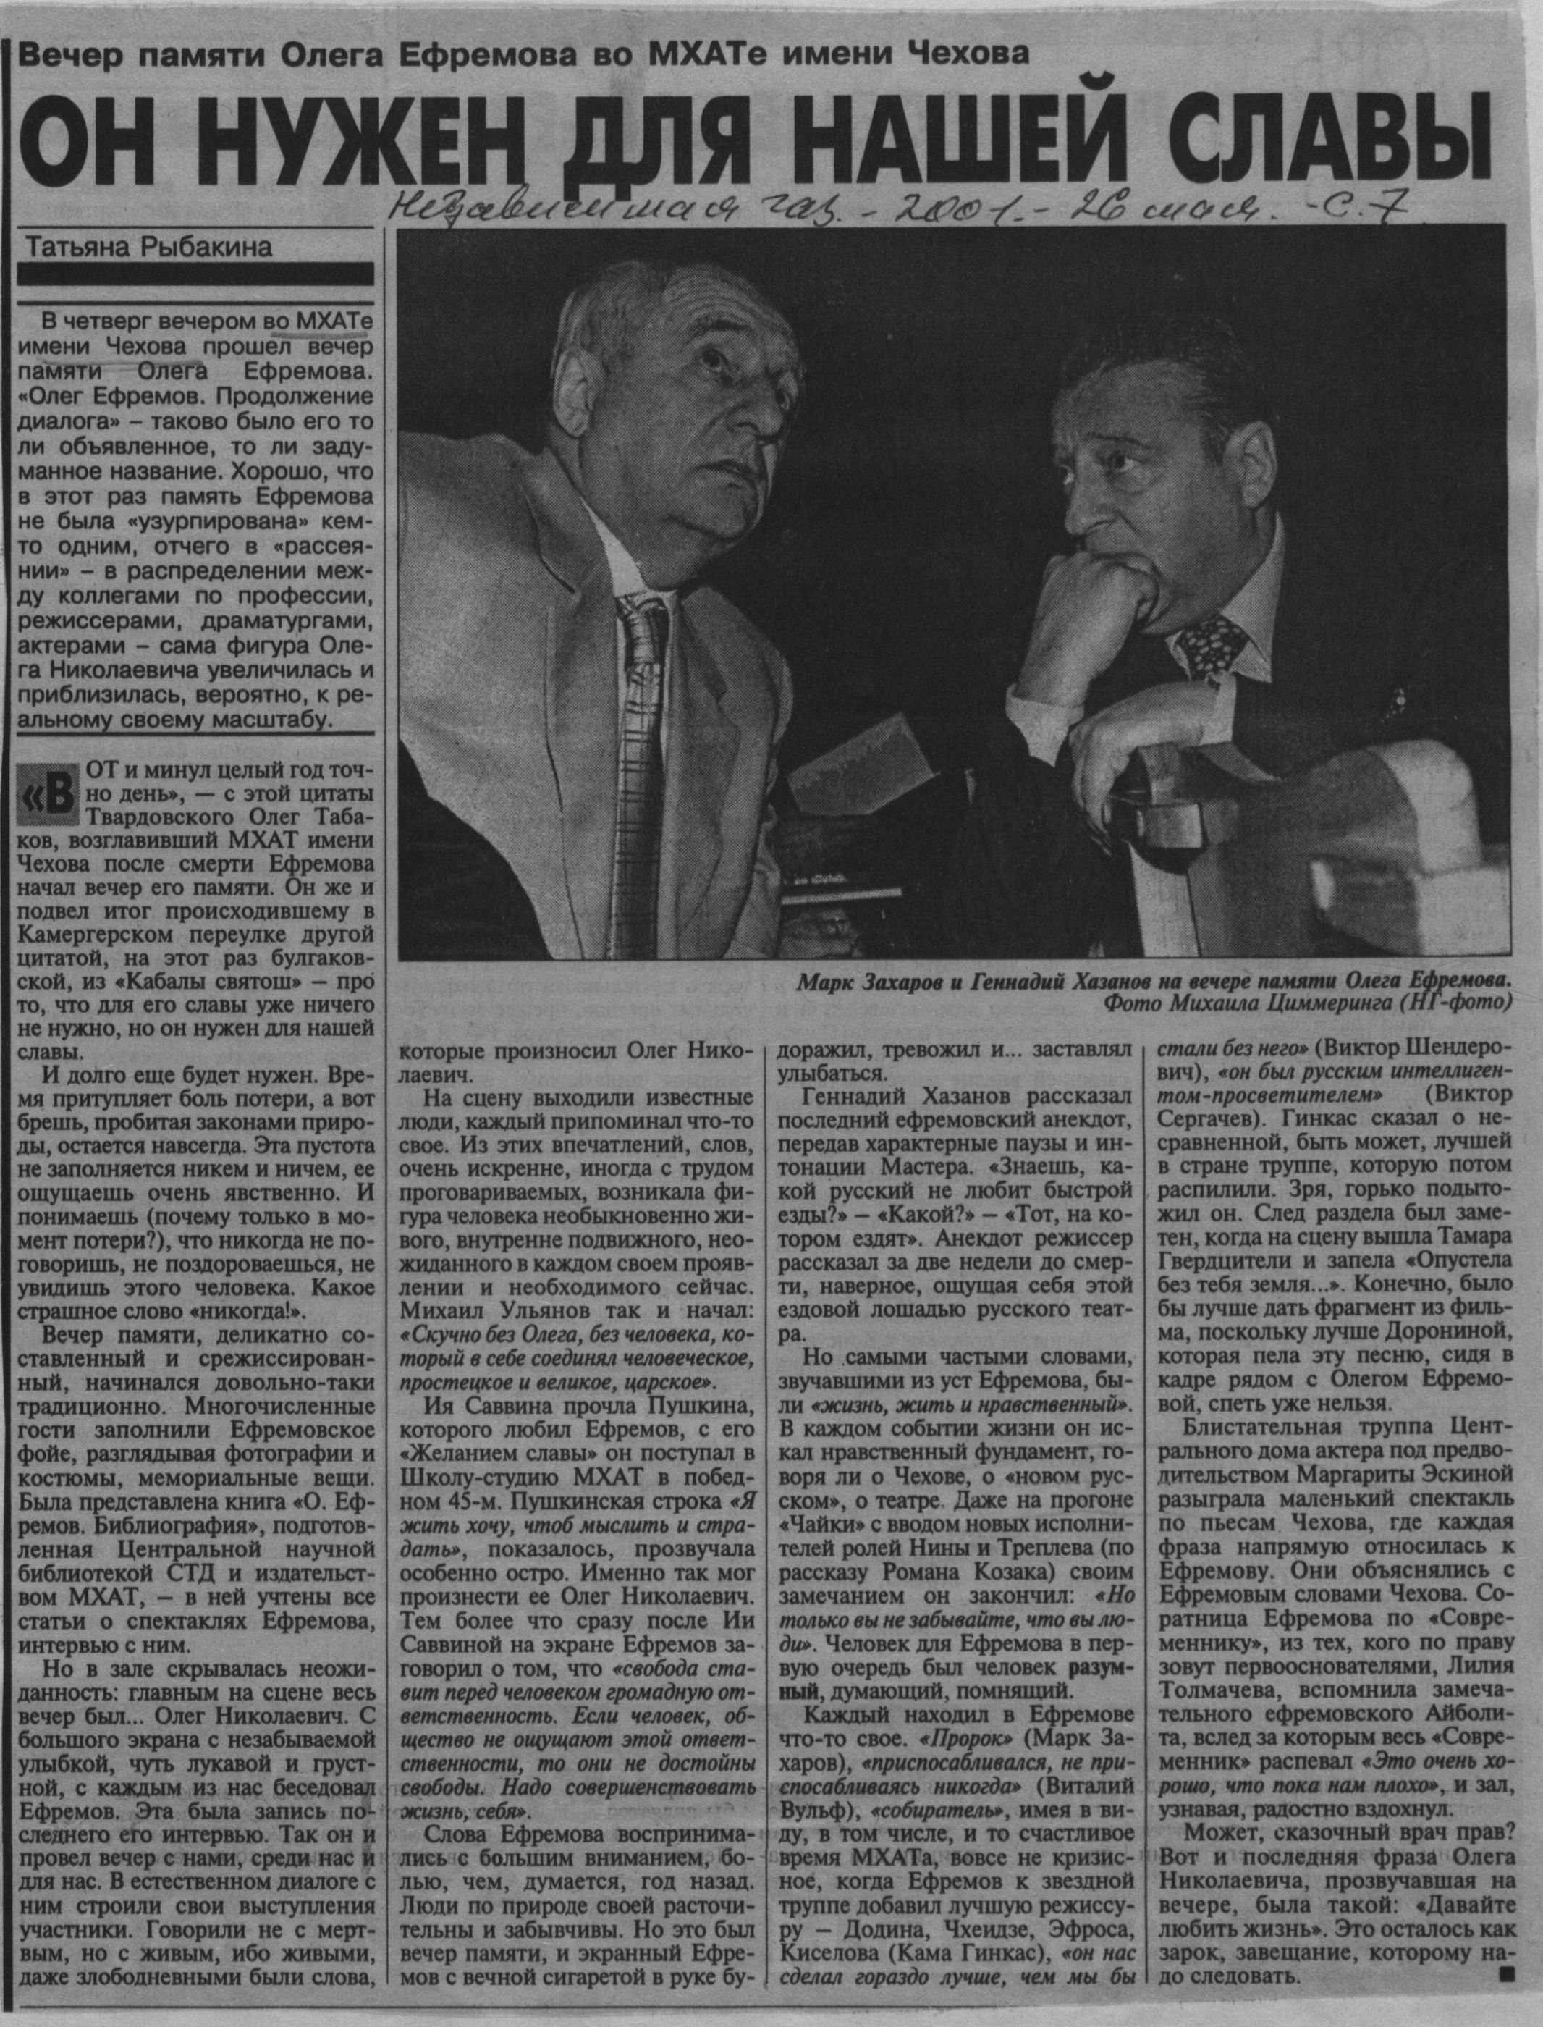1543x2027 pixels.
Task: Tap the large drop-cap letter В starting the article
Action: tap(54, 796)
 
